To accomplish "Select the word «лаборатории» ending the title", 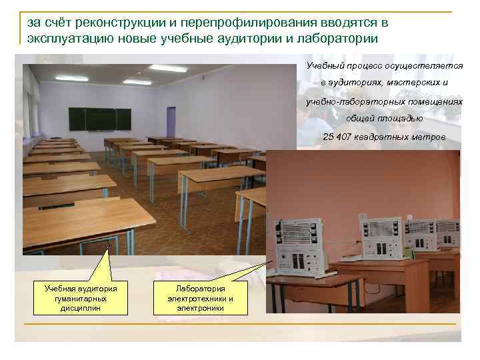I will (340, 38).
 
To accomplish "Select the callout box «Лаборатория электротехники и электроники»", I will (200, 298).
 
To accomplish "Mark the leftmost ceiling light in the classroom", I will (71, 79).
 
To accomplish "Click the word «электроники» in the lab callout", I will (200, 308).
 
